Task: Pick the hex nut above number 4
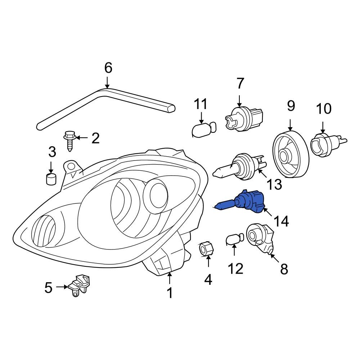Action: click(x=207, y=249)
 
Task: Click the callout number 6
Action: click(x=108, y=68)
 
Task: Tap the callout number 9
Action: click(x=291, y=106)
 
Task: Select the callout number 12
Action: click(x=236, y=268)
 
